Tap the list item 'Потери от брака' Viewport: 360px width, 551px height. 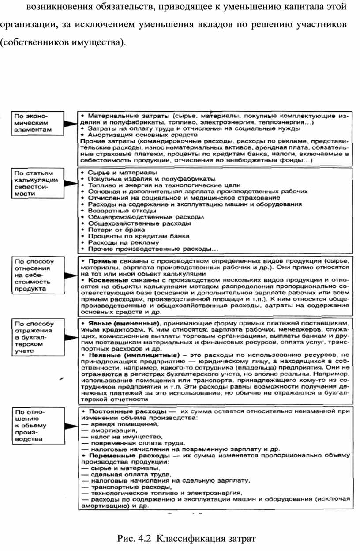[x=110, y=230]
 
